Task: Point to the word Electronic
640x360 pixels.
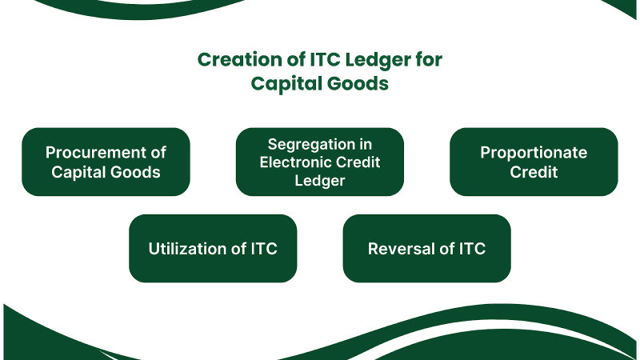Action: coord(297,162)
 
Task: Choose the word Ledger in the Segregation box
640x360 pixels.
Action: coord(319,181)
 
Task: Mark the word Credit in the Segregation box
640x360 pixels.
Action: coord(358,162)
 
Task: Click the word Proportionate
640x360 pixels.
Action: coord(534,152)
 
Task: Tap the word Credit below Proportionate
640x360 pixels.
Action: coord(534,171)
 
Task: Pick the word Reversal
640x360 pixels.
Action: coord(405,249)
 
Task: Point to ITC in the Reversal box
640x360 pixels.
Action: coord(471,249)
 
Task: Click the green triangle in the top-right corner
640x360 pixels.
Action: coord(627,7)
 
